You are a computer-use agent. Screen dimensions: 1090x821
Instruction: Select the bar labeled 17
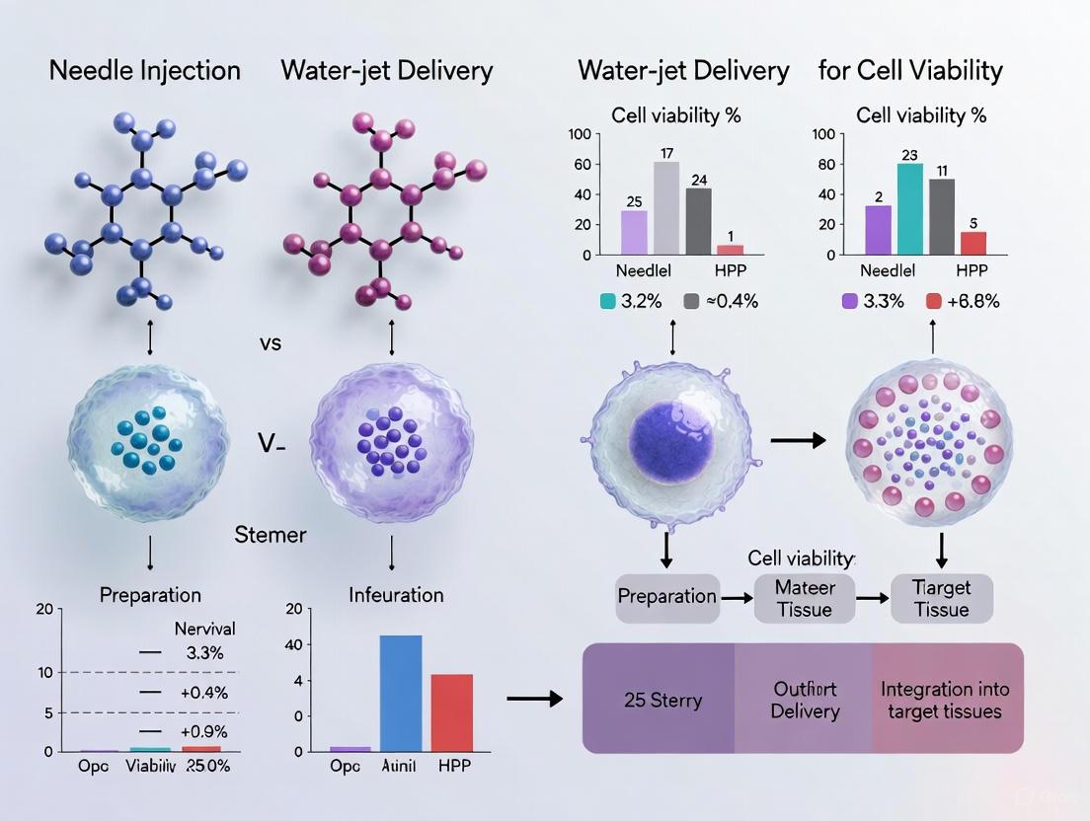(x=666, y=207)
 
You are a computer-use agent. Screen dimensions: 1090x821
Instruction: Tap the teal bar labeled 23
(x=910, y=208)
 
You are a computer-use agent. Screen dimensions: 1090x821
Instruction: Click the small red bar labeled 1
(x=730, y=250)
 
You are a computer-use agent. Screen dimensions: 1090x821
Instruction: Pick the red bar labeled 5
(x=973, y=243)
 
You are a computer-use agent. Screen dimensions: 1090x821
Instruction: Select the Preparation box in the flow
(x=666, y=596)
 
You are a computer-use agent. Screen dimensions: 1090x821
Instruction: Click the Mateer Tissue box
(x=804, y=598)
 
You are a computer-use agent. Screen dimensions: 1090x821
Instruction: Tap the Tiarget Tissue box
(x=941, y=598)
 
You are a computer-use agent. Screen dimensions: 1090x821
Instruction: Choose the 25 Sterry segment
(x=662, y=700)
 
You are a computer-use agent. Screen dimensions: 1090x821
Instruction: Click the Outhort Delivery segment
(x=805, y=700)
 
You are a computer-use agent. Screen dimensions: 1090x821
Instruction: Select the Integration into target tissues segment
(x=947, y=700)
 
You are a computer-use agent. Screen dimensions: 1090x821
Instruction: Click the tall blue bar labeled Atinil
(x=401, y=694)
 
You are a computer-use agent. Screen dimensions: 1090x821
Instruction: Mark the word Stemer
(x=271, y=536)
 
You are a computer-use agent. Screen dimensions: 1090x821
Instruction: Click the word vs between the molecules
(x=270, y=343)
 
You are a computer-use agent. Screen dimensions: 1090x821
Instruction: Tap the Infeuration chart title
(x=396, y=595)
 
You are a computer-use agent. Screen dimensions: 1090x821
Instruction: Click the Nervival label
(x=204, y=629)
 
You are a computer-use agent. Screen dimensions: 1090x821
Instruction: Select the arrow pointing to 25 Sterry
(x=533, y=700)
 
